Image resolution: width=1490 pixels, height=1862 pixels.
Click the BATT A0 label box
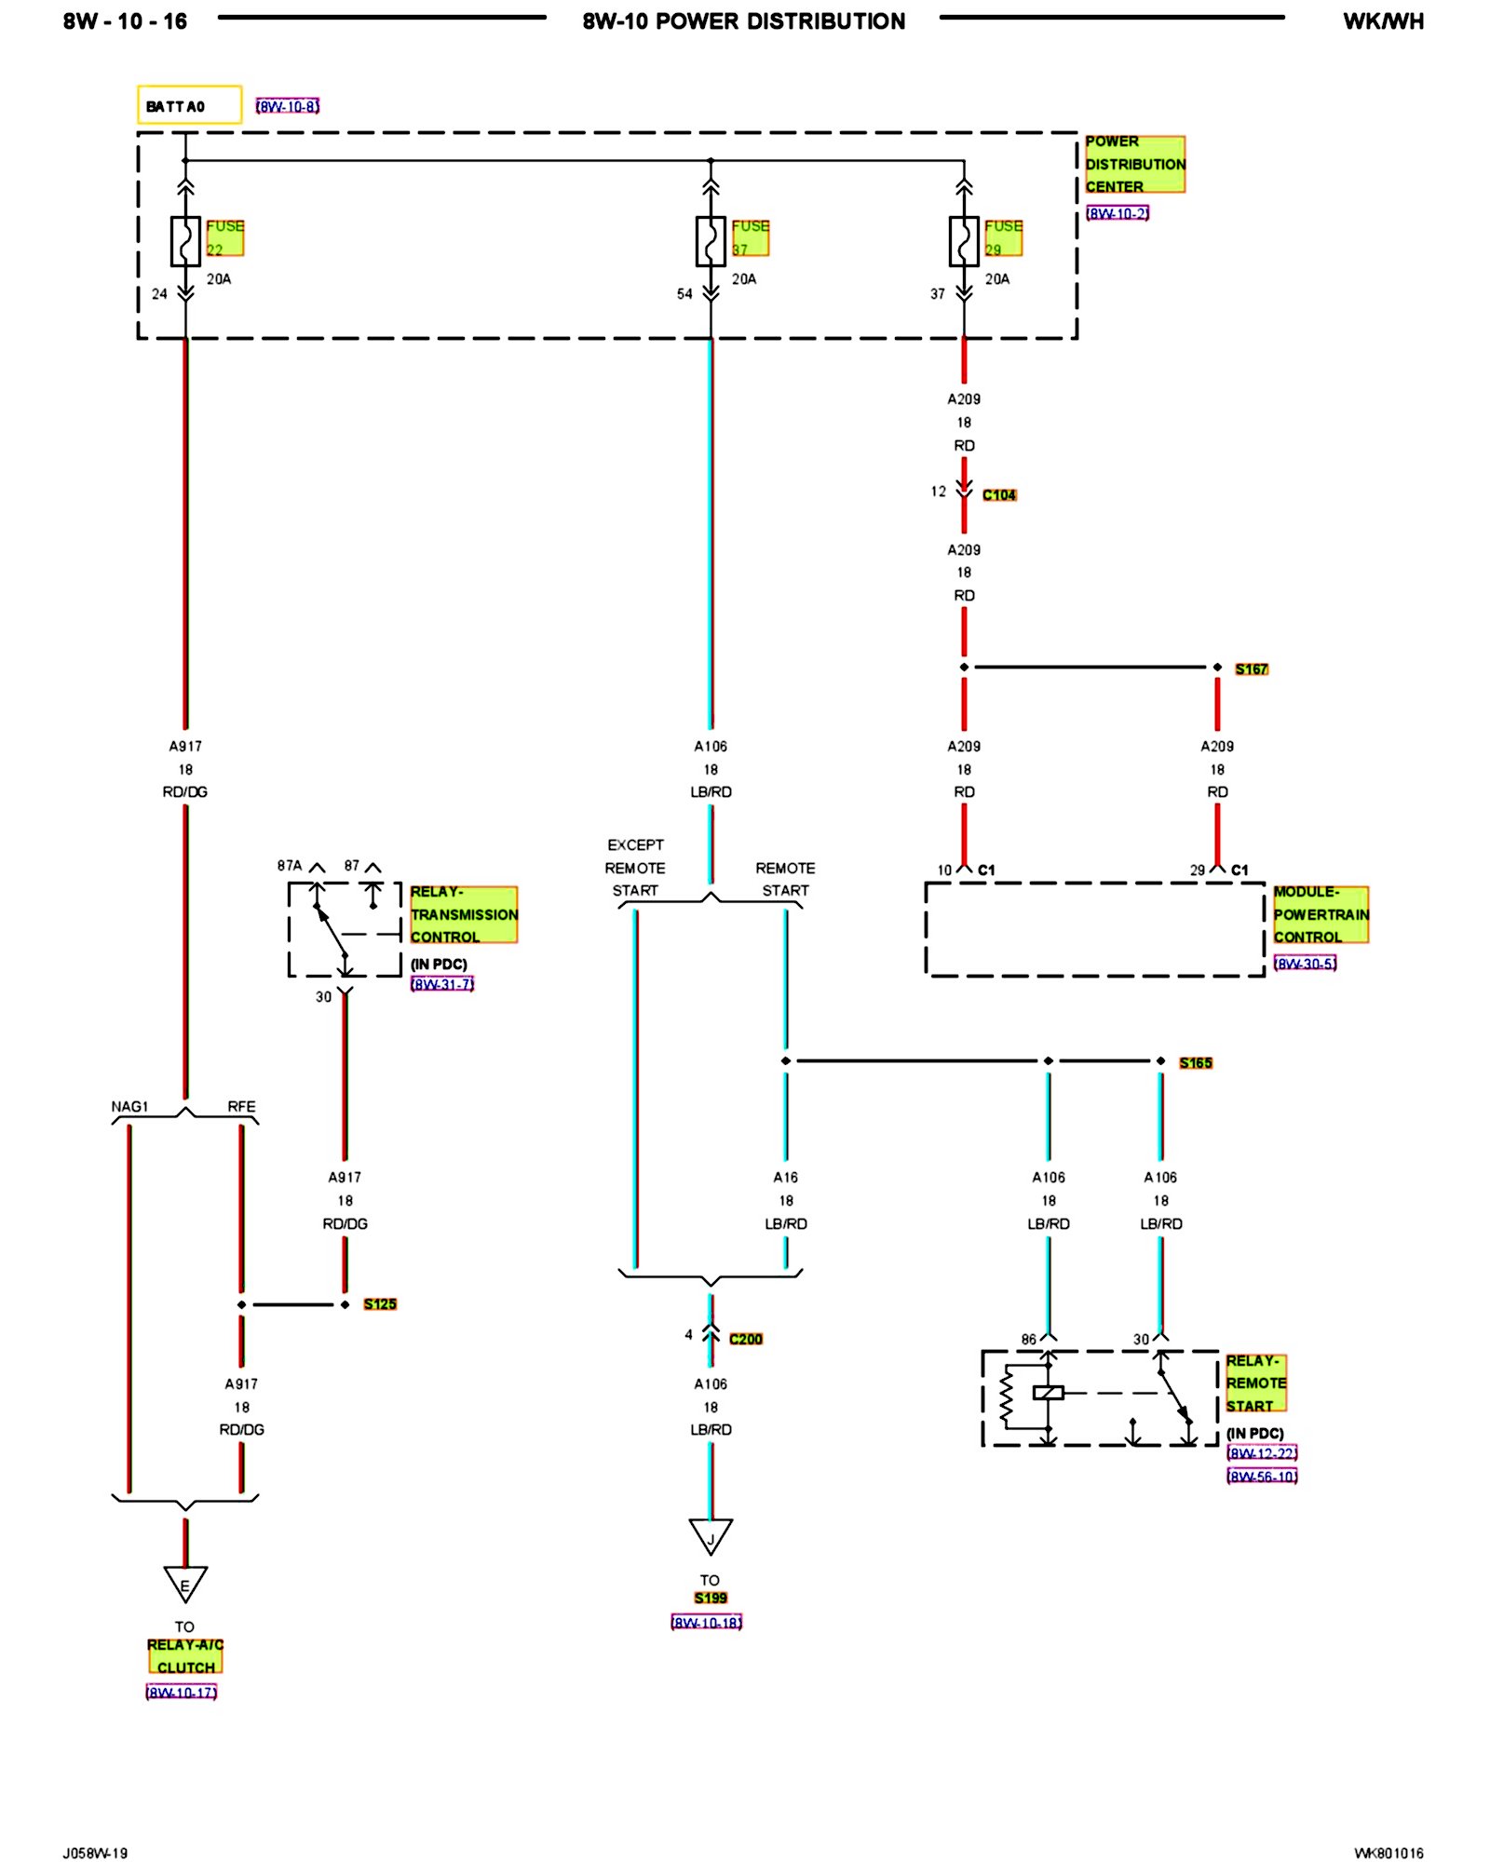189,105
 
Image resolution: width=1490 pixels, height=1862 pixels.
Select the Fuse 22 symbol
185,241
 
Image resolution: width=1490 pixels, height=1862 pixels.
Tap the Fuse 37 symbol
711,241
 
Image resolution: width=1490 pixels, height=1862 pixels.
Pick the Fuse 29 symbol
964,241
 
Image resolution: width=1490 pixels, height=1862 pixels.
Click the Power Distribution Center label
1134,164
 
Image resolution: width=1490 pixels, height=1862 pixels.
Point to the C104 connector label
999,495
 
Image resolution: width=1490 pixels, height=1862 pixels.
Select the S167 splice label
1252,669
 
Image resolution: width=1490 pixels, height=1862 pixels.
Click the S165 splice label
1196,1063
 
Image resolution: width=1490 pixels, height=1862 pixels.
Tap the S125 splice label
380,1304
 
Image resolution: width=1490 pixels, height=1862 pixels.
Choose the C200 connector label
746,1339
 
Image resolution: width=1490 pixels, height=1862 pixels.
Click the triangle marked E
185,1583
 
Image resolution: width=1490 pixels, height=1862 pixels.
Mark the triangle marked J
711,1536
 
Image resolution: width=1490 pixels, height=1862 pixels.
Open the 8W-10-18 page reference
707,1623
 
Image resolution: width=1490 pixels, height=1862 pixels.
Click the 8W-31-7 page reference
442,984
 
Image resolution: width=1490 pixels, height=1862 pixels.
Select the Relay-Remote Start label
1255,1383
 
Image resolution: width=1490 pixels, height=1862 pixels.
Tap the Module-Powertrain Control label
1321,914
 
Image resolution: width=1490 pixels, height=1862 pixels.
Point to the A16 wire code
786,1178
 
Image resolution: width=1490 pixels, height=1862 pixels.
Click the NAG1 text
129,1107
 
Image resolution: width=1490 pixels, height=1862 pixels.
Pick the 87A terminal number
290,866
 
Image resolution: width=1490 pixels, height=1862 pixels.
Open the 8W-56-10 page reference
1262,1477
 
